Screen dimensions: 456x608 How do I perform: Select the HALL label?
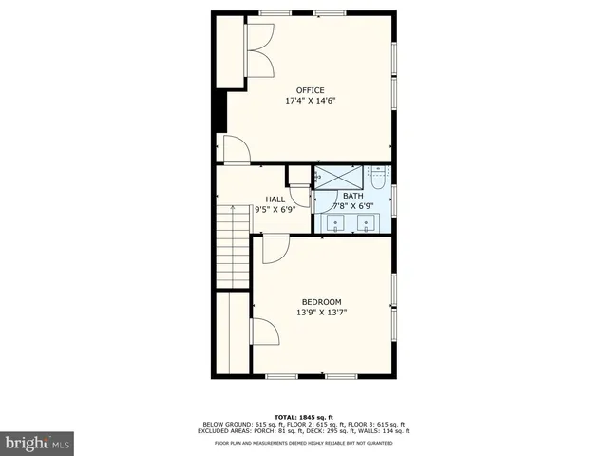275,199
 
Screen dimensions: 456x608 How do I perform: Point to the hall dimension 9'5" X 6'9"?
275,209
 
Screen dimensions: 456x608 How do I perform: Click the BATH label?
352,196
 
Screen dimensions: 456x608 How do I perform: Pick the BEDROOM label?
322,302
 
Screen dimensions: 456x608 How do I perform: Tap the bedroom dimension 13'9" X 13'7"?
322,312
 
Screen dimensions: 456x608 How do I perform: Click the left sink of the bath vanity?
337,224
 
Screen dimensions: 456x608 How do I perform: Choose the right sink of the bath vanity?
367,224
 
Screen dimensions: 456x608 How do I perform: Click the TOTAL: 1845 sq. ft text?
303,417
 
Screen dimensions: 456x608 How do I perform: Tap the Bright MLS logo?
38,442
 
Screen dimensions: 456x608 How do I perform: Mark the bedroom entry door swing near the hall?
275,250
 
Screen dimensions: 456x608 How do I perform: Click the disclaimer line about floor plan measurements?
303,444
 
